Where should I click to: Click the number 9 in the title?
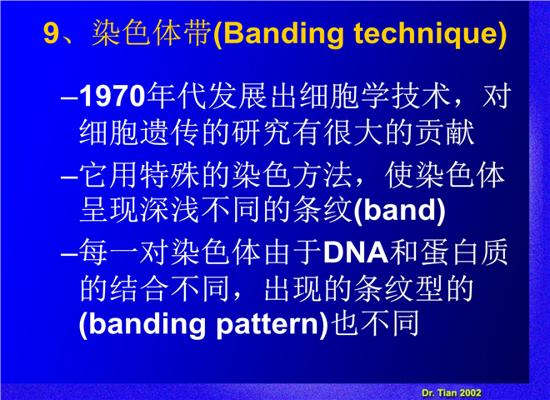tap(51, 33)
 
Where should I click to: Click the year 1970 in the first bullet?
tap(112, 96)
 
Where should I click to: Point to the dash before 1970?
tap(69, 97)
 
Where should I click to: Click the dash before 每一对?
tap(69, 253)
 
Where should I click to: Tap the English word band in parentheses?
tap(399, 210)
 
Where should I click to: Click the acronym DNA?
tap(356, 252)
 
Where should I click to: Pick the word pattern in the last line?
tap(267, 324)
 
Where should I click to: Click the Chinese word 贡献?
tap(445, 132)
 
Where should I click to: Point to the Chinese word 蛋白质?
tap(464, 252)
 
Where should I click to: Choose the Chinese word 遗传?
tap(170, 132)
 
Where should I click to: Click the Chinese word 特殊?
tap(170, 175)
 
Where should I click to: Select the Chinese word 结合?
tap(140, 289)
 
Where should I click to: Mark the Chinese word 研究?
tap(262, 132)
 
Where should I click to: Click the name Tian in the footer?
tap(447, 392)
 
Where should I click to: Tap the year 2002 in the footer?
tap(470, 392)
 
